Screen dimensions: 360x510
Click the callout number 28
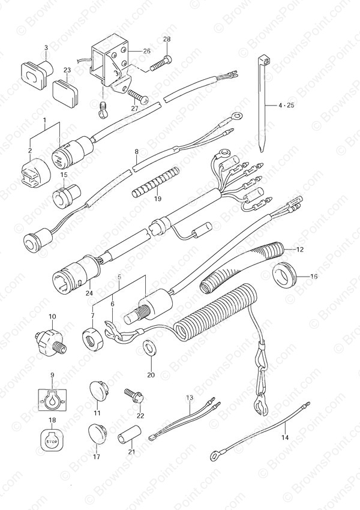[x=167, y=40]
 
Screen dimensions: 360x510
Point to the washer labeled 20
[x=150, y=347]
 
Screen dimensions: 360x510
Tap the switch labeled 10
[x=51, y=338]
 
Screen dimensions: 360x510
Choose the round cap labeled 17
[x=96, y=433]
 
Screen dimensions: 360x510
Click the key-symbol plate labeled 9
[x=52, y=400]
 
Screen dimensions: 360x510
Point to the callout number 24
[x=89, y=293]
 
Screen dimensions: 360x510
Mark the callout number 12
[x=299, y=250]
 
